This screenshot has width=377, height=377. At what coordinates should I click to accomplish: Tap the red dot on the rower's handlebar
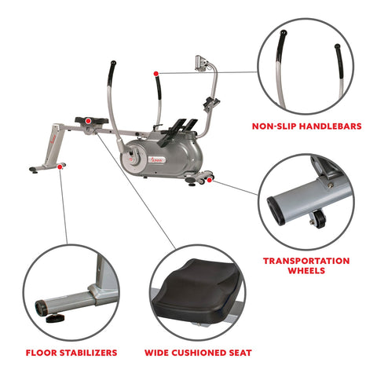[156, 72]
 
